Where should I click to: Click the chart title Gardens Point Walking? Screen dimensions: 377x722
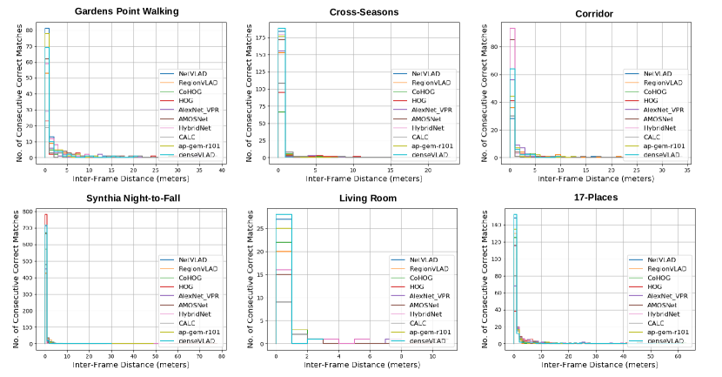pyautogui.click(x=127, y=11)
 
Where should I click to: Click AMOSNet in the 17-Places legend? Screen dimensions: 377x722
pyautogui.click(x=664, y=306)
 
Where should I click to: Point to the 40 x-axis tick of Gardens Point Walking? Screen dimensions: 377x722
pyautogui.click(x=222, y=170)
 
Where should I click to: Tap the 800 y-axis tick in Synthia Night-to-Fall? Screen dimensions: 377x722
pyautogui.click(x=29, y=212)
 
